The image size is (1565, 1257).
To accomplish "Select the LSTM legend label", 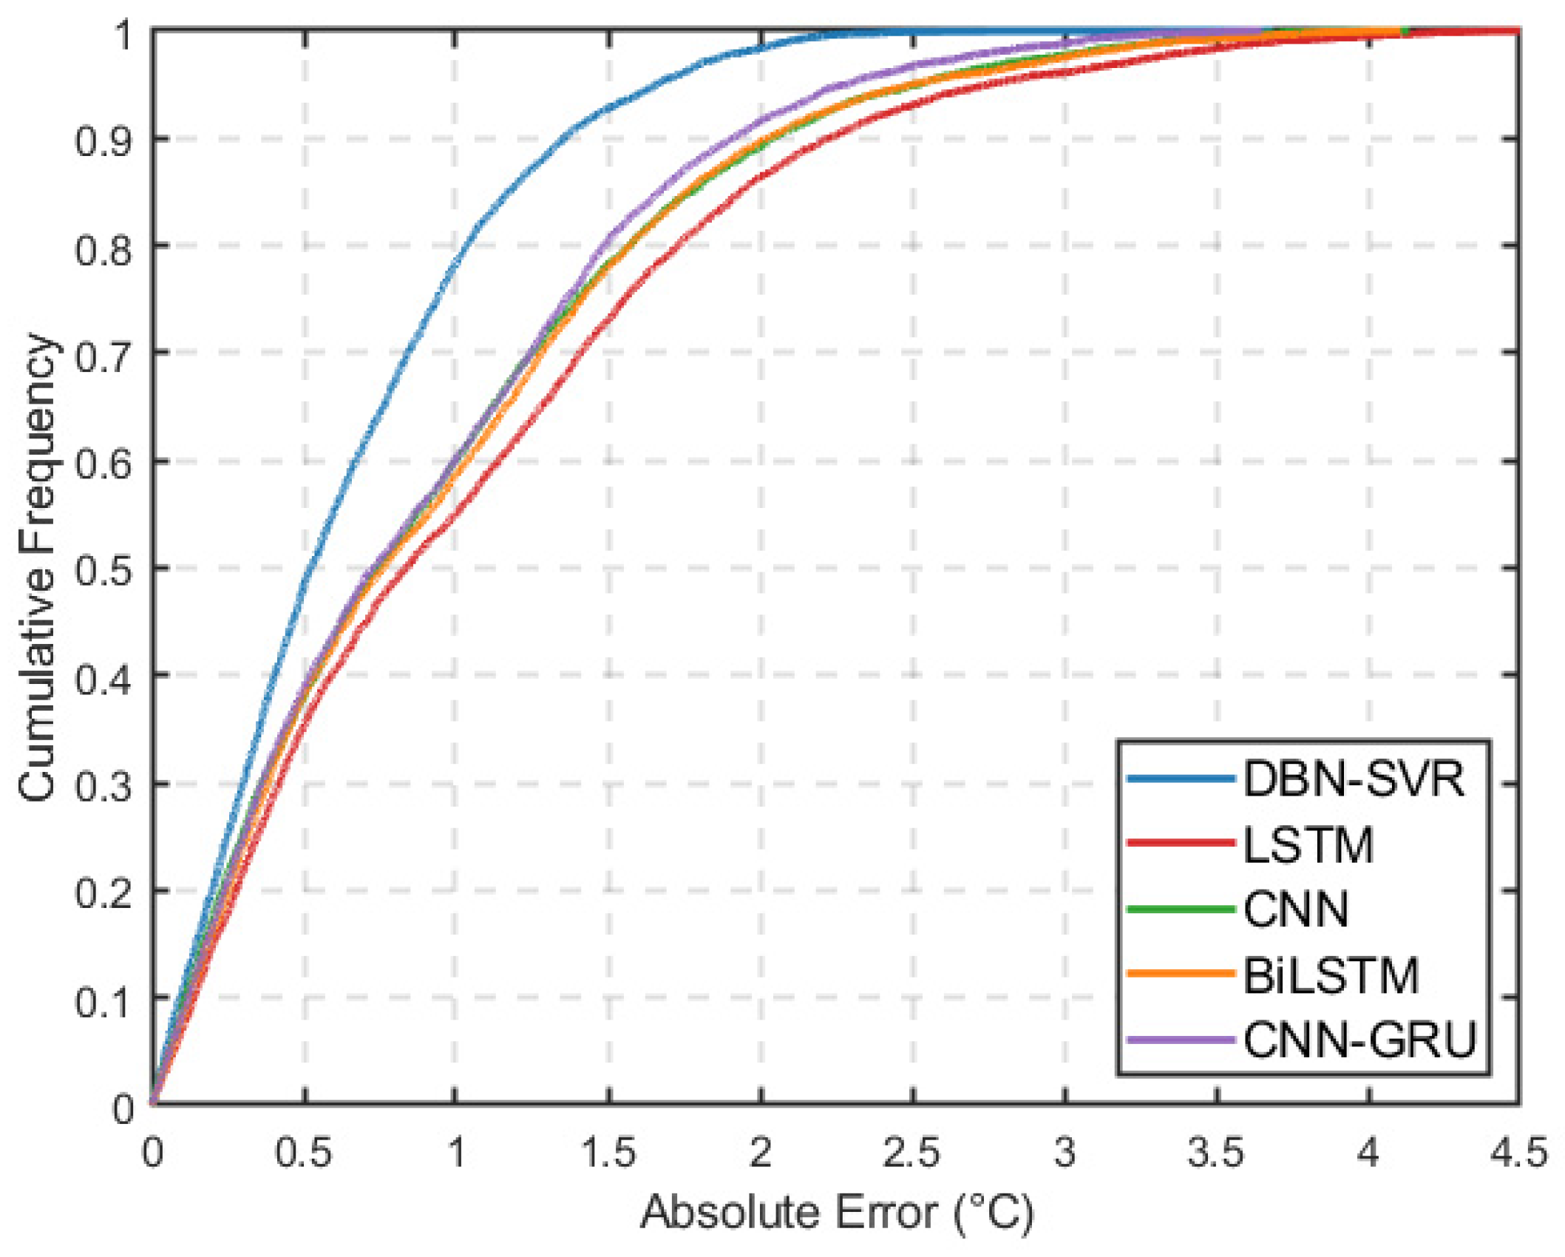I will [1308, 844].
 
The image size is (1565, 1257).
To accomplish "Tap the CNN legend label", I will [1296, 909].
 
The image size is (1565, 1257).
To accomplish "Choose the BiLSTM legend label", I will [1331, 975].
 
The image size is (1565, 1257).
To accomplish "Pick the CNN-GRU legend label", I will [1359, 1040].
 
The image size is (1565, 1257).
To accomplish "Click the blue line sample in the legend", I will [1181, 779].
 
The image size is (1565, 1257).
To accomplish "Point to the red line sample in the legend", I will [1181, 843].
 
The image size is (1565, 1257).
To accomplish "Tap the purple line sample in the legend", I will [1181, 1040].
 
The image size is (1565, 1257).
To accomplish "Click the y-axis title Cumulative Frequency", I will [37, 568].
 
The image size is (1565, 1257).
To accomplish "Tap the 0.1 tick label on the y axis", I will [103, 999].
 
